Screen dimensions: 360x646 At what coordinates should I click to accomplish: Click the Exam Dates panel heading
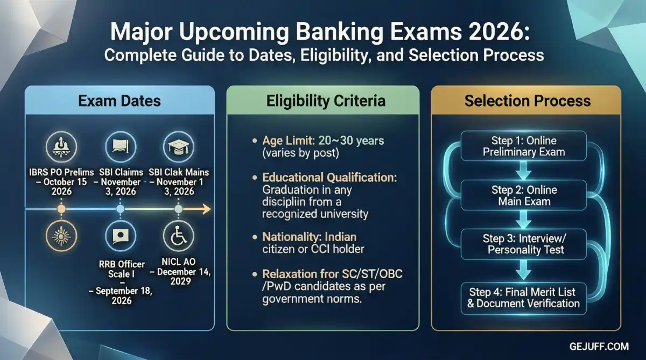tap(119, 101)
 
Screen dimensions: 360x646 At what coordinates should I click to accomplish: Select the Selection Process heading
tap(527, 101)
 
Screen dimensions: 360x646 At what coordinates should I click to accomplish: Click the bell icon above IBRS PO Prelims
tap(61, 146)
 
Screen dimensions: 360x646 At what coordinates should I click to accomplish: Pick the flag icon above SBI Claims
tap(120, 146)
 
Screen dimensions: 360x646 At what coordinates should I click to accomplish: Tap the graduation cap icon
tap(178, 146)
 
